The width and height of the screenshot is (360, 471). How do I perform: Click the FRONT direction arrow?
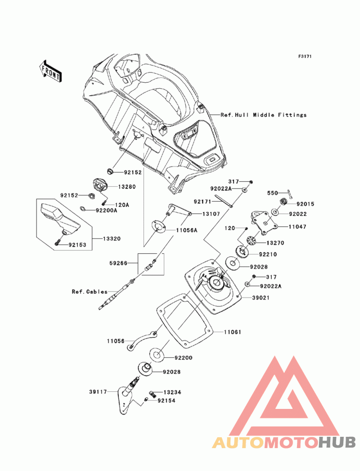point(50,71)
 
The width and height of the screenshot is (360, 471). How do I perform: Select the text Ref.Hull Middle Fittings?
point(263,115)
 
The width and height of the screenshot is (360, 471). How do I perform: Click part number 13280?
point(114,186)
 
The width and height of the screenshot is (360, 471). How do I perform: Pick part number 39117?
point(98,392)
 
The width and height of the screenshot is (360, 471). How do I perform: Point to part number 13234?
point(172,392)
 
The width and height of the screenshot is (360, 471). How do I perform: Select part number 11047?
point(297,227)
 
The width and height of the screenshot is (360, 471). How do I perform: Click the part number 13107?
point(211,214)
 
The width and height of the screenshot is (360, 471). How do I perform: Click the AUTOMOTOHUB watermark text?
point(284,442)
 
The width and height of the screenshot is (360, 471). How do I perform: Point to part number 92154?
point(166,400)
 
